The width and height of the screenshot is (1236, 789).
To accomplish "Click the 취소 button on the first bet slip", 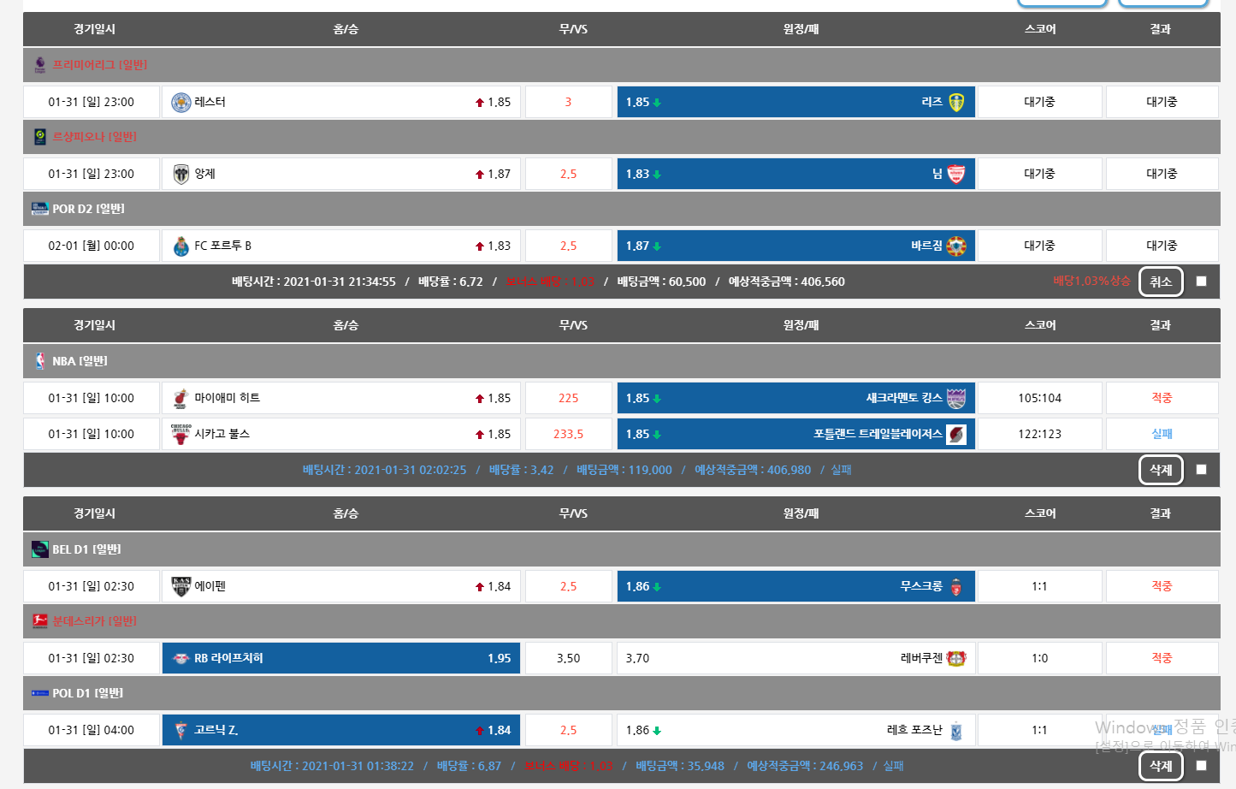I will click(x=1161, y=282).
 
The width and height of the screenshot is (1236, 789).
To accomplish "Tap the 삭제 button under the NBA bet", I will click(x=1161, y=470).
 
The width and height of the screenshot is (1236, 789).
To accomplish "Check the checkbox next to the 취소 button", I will click(x=1201, y=282).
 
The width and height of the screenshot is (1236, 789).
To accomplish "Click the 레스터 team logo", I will click(x=180, y=103).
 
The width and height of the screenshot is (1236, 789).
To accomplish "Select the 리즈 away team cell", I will click(x=795, y=103).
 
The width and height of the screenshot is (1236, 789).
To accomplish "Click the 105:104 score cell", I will click(x=1039, y=399).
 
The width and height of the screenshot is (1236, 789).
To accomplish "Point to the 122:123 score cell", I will click(x=1039, y=435).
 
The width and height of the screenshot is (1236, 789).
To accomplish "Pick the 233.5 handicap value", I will click(x=568, y=435).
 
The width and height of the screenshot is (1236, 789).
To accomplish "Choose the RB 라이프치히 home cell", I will click(x=340, y=659).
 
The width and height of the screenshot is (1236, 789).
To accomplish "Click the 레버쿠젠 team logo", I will click(x=956, y=659).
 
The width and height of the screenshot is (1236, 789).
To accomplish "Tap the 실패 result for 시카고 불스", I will click(x=1162, y=435).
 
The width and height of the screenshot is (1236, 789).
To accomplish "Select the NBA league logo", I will click(x=40, y=361).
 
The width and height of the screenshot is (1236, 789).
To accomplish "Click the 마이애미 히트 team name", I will click(x=227, y=399).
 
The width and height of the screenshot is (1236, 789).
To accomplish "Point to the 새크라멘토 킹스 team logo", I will click(x=956, y=399).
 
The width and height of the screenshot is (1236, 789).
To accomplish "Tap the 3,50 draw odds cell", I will click(x=568, y=659).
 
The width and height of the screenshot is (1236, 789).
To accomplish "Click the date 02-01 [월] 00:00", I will click(x=91, y=246).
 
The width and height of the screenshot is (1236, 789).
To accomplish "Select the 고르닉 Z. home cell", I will click(x=340, y=731).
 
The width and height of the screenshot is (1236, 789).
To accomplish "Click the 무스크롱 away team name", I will click(x=920, y=587).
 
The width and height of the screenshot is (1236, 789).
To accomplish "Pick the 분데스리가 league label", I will click(x=94, y=621).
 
